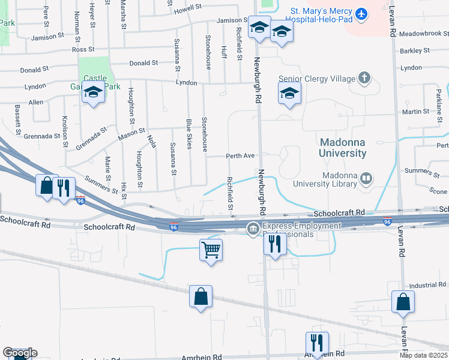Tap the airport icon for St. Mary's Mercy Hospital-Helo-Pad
pyautogui.click(x=361, y=13)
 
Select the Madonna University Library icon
pyautogui.click(x=365, y=178)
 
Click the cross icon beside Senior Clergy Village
pyautogui.click(x=364, y=78)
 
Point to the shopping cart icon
pyautogui.click(x=211, y=250)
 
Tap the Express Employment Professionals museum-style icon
pyautogui.click(x=253, y=228)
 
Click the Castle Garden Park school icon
pyautogui.click(x=93, y=93)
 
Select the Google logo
pyautogui.click(x=20, y=353)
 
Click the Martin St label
pyautogui.click(x=415, y=111)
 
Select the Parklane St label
pyautogui.click(x=439, y=100)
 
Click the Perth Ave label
pyautogui.click(x=240, y=156)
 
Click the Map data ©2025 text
pyautogui.click(x=423, y=355)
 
